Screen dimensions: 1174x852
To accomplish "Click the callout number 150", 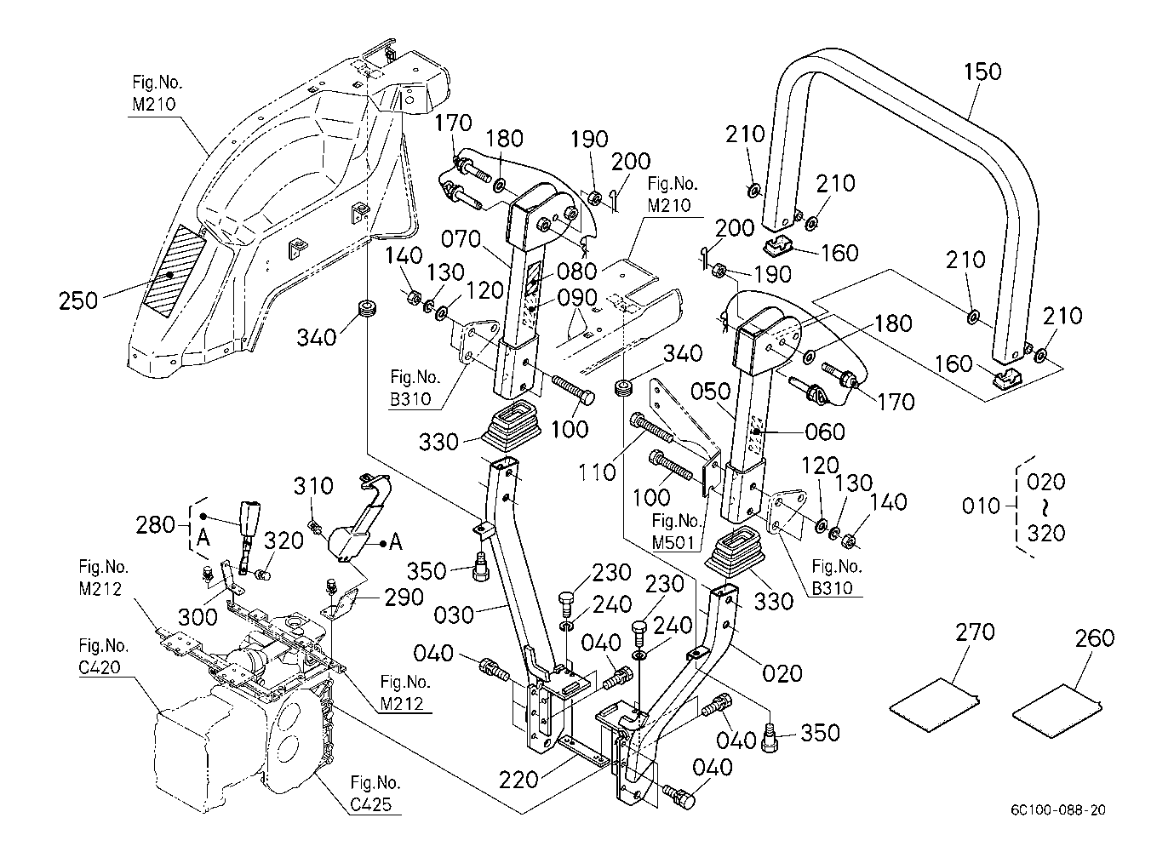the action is click(x=982, y=71).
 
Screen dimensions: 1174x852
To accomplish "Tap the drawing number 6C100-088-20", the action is click(x=1058, y=810).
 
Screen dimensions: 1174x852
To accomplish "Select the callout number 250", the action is click(x=78, y=301).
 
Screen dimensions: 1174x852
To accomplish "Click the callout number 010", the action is click(x=981, y=506).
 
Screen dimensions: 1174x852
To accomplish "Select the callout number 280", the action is click(x=155, y=524).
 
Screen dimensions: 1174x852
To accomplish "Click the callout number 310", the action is click(x=313, y=486).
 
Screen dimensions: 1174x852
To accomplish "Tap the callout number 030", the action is click(x=454, y=615).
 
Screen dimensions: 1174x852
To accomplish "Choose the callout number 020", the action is click(x=782, y=674).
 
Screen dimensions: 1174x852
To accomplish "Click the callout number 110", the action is click(x=597, y=472).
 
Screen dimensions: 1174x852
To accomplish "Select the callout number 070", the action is click(x=461, y=239).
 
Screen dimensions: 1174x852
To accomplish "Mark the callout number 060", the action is click(x=825, y=432).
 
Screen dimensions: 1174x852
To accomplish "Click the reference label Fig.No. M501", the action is click(x=677, y=531).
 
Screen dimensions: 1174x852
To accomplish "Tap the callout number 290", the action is click(x=404, y=598).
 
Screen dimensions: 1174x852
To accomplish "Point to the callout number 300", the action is click(x=198, y=617).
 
